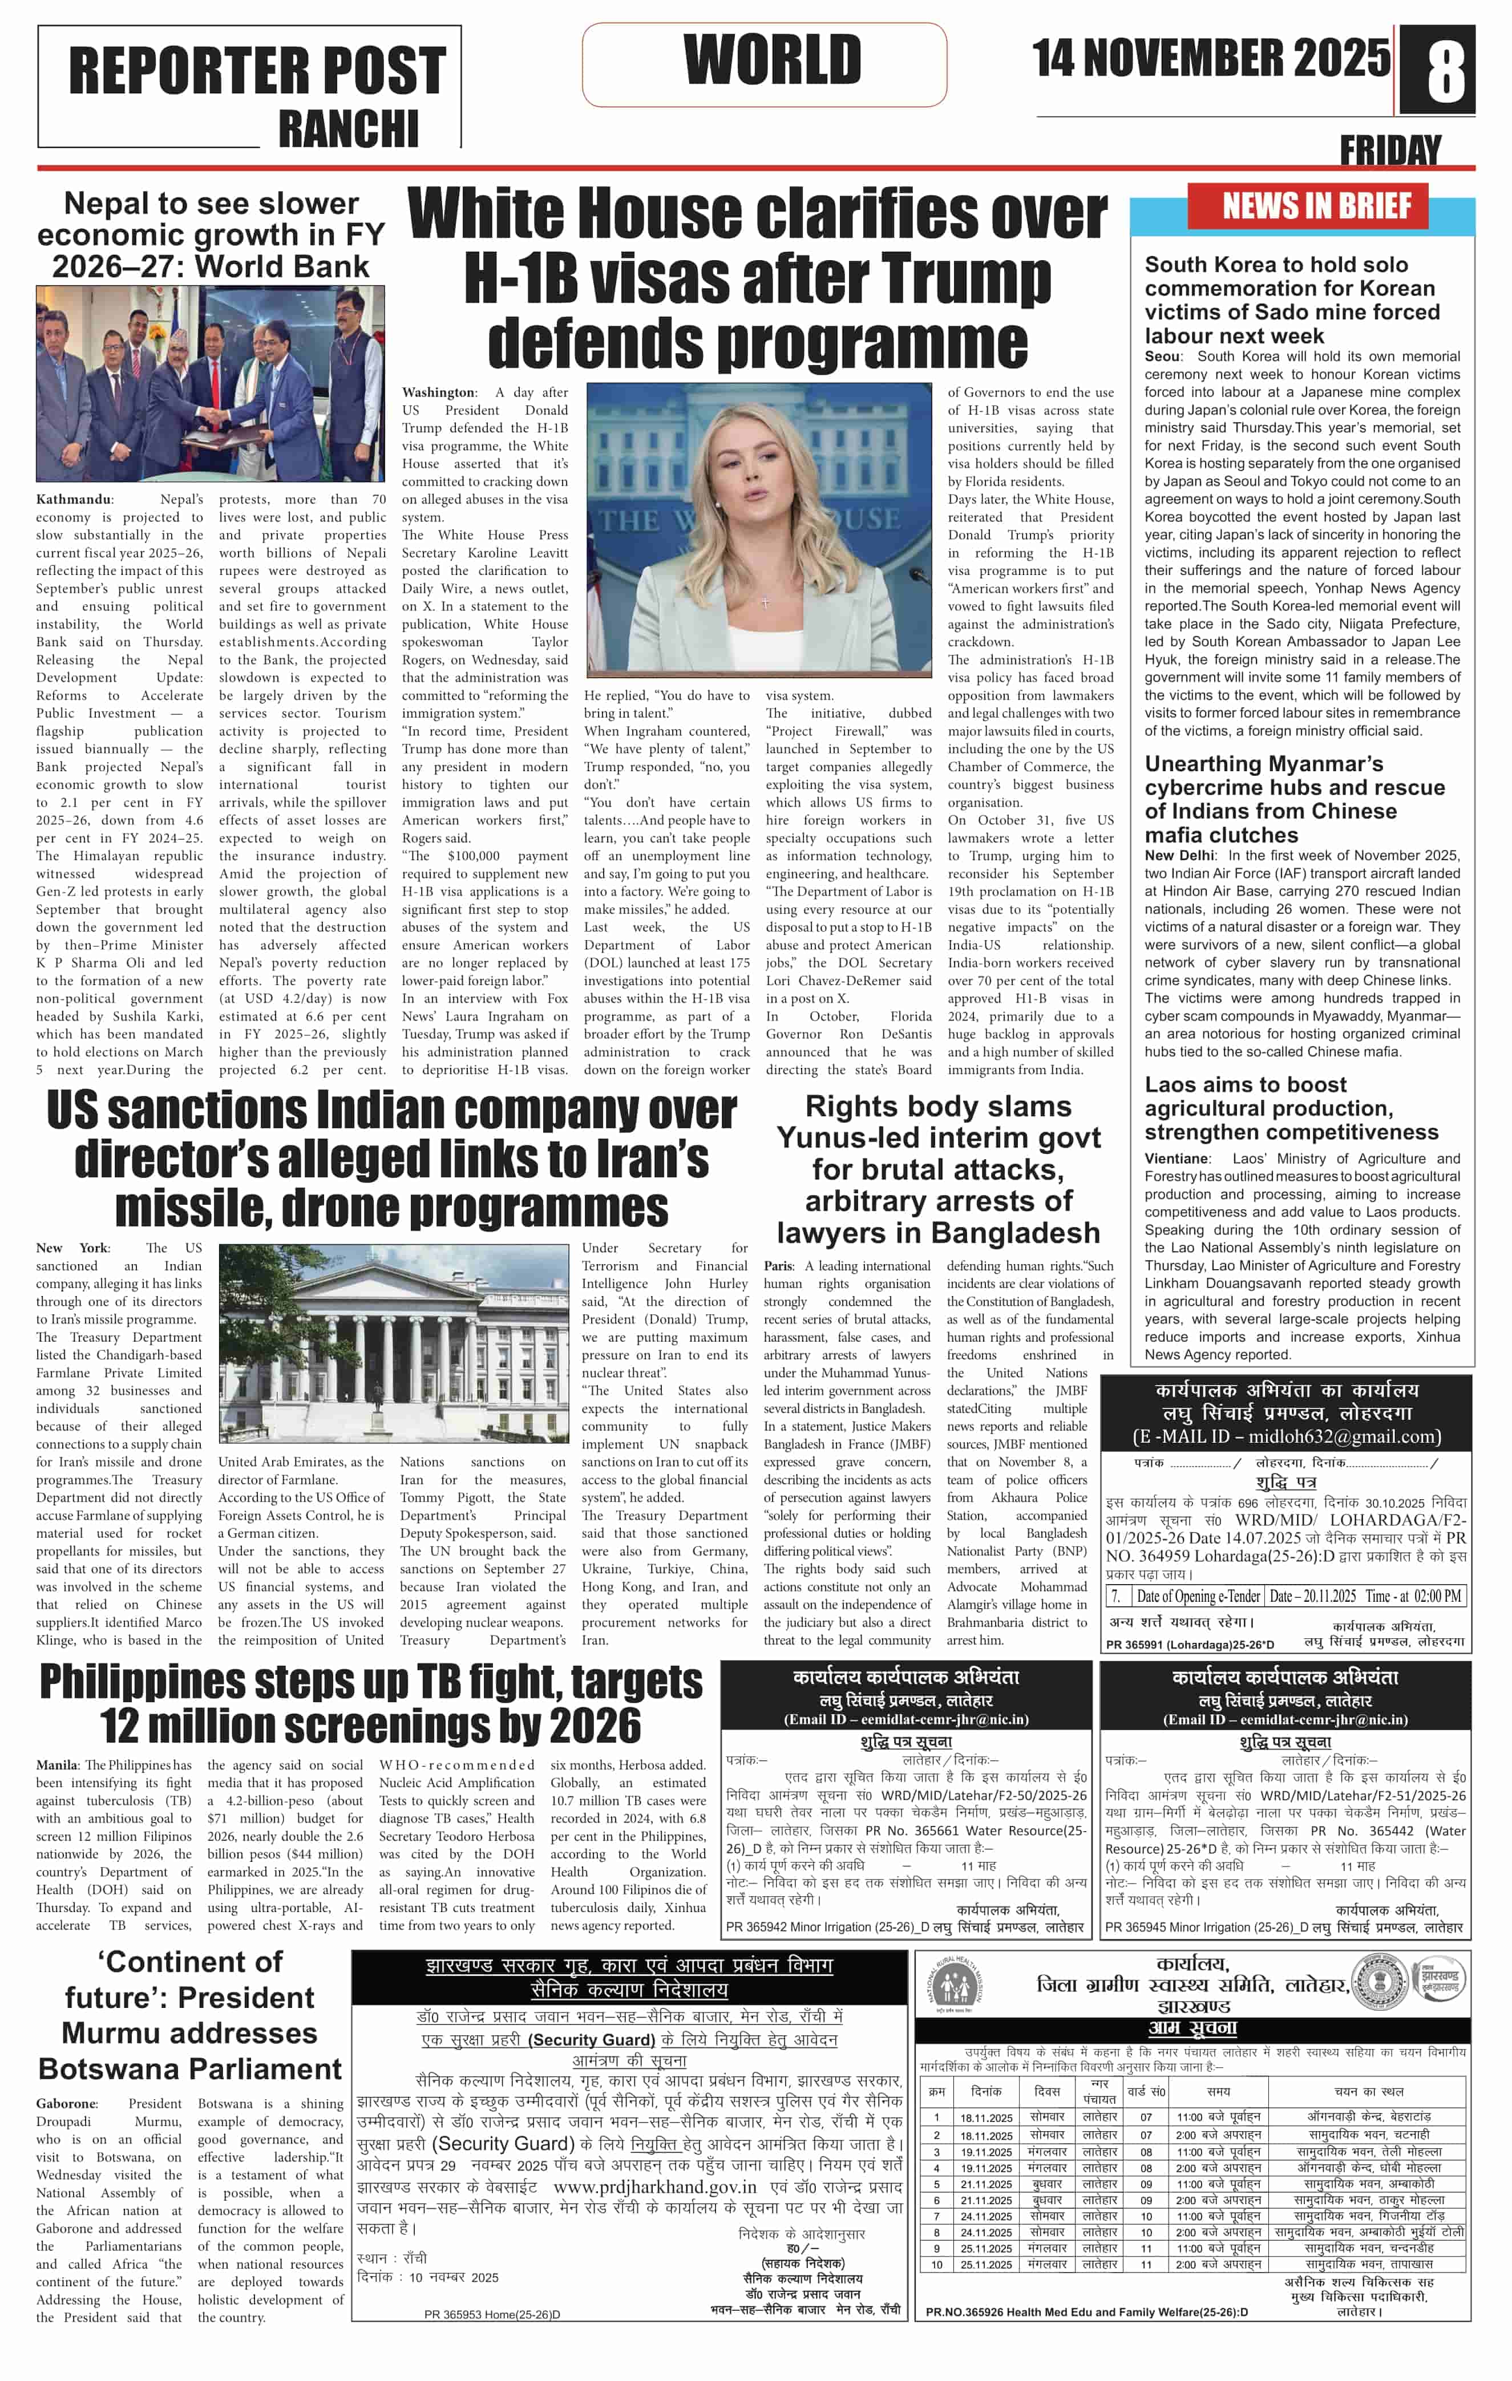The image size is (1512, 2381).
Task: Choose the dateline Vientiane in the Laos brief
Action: click(x=1177, y=1159)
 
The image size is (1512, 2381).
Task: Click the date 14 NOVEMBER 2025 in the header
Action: click(x=1210, y=59)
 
